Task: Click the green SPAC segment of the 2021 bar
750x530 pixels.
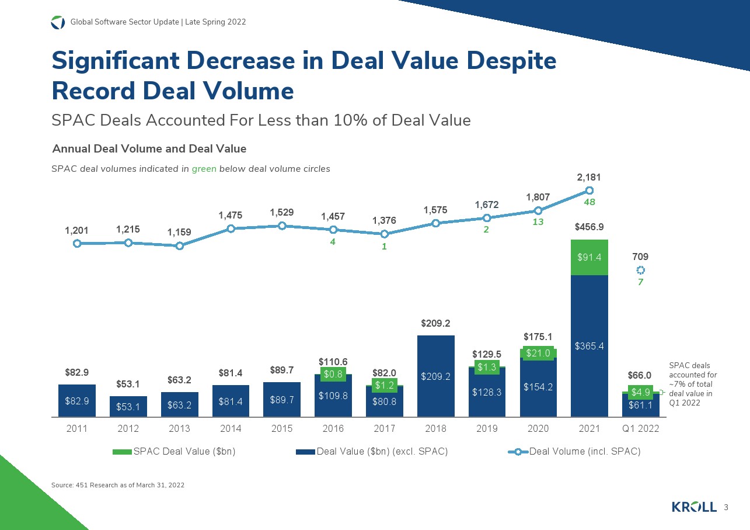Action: (x=589, y=257)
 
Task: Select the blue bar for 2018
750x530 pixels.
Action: (x=435, y=376)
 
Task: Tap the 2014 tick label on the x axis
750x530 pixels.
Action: (x=231, y=428)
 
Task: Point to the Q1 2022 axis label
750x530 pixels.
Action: (x=640, y=428)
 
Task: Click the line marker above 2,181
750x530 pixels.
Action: (x=589, y=190)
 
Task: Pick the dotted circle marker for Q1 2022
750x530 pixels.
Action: (x=640, y=270)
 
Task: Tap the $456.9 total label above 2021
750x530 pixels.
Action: (x=589, y=227)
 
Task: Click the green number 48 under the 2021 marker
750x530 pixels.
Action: (x=589, y=202)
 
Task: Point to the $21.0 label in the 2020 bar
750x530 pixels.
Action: (x=538, y=352)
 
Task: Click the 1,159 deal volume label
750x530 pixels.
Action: (x=180, y=232)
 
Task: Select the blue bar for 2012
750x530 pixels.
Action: (x=128, y=406)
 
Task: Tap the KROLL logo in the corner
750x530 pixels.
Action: (x=694, y=507)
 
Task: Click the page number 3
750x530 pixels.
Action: (x=726, y=507)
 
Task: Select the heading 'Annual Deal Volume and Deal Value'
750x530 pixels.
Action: (x=149, y=148)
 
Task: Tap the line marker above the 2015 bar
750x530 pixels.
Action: (x=282, y=226)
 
